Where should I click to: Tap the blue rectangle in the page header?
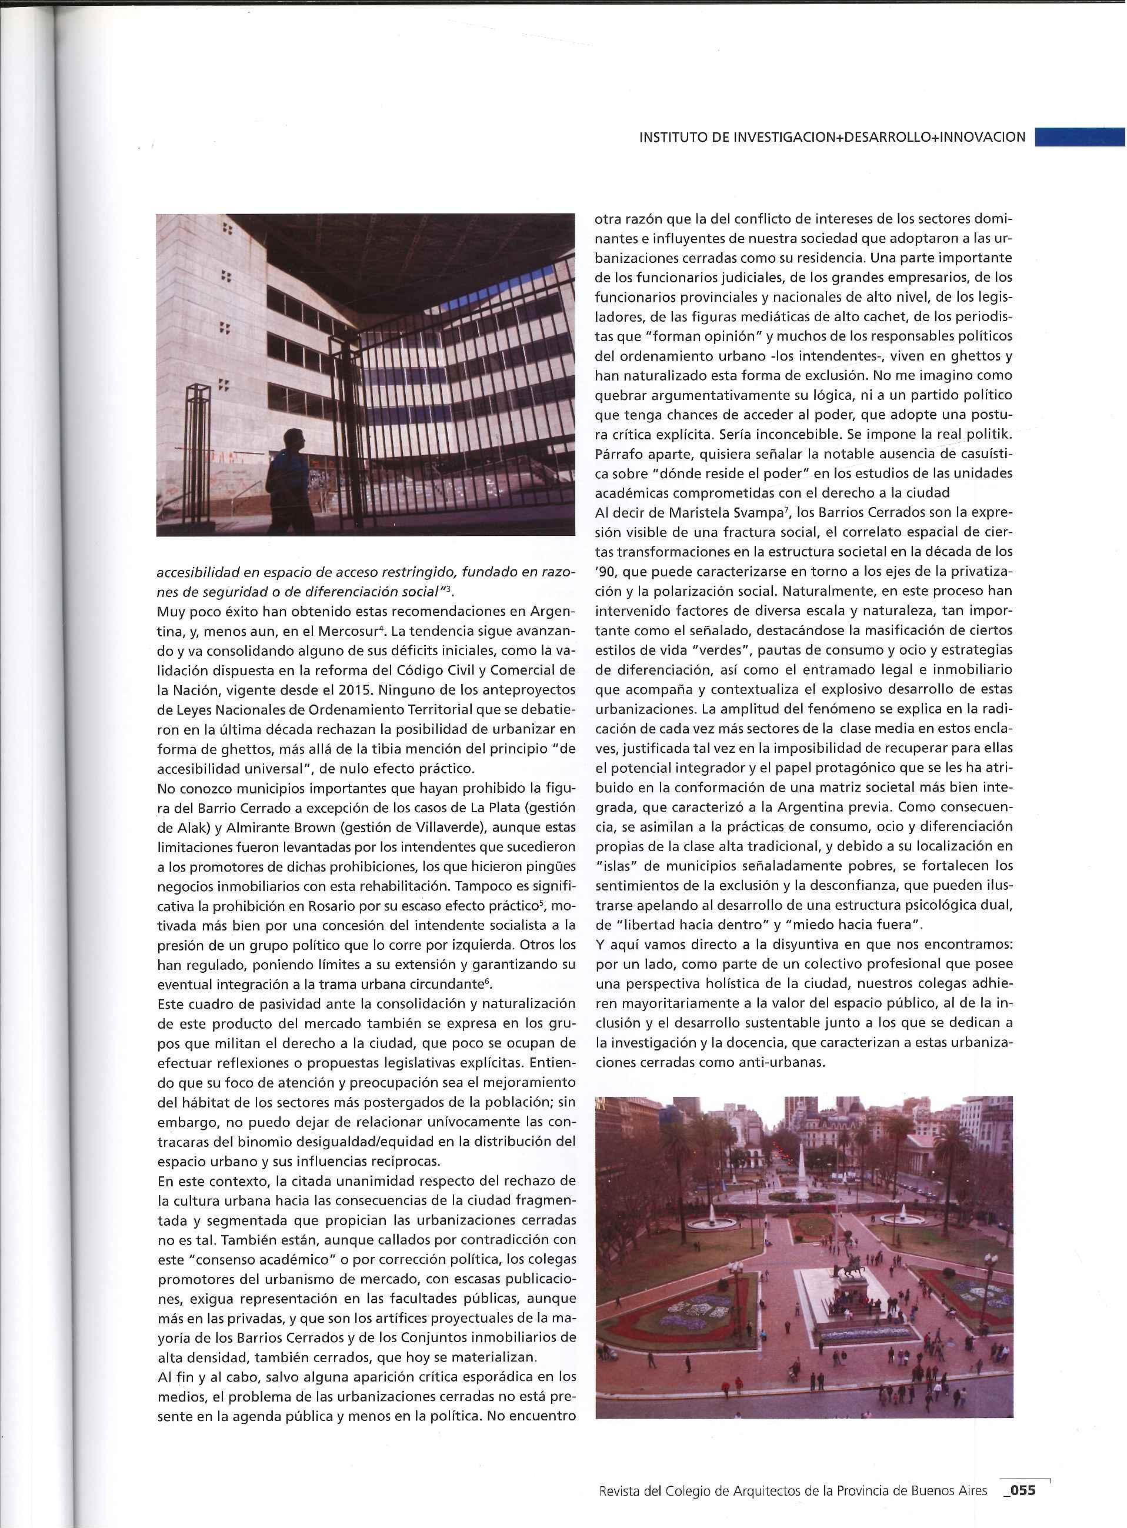[1079, 136]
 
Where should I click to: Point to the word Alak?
[188, 828]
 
